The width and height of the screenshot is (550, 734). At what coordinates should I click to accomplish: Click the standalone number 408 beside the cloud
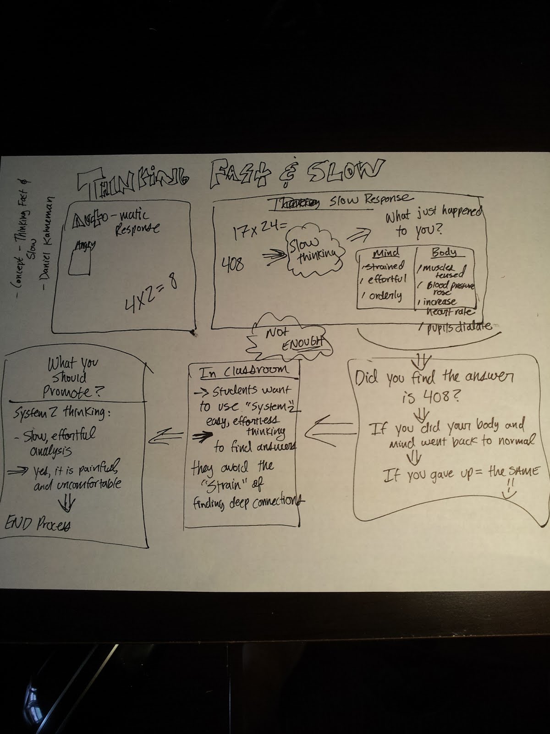233,264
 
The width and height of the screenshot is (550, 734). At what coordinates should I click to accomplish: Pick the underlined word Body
444,252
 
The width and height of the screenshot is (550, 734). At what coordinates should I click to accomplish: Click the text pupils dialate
458,327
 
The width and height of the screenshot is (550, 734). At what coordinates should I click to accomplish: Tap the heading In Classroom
244,371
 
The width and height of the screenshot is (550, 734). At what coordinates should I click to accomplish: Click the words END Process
38,524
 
